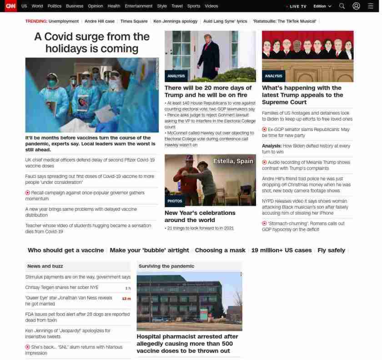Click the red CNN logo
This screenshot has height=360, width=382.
(x=10, y=6)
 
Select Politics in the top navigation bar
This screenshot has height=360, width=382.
(x=55, y=6)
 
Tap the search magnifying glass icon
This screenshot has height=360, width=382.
(x=342, y=6)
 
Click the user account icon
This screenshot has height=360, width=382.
(x=356, y=6)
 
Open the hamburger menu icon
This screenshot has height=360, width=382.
(x=371, y=6)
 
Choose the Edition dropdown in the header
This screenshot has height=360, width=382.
(x=322, y=6)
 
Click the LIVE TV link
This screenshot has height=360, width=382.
(x=297, y=6)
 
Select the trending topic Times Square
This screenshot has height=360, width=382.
(x=134, y=21)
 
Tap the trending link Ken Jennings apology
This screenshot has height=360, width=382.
(x=176, y=21)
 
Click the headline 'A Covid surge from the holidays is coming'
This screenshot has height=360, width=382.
(x=92, y=42)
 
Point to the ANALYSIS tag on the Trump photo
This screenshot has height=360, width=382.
(x=176, y=76)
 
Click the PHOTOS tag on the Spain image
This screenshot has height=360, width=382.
(x=175, y=201)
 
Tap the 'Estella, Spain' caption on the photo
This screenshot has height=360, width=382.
(x=233, y=162)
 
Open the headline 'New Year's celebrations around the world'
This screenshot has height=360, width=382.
(x=200, y=216)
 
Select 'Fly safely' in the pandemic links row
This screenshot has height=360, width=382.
(x=331, y=250)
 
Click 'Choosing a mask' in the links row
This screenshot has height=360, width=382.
(x=220, y=250)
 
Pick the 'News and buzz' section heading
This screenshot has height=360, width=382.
(x=45, y=266)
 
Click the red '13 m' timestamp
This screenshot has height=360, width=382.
(x=126, y=299)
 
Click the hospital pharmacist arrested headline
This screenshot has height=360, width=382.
(x=187, y=344)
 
